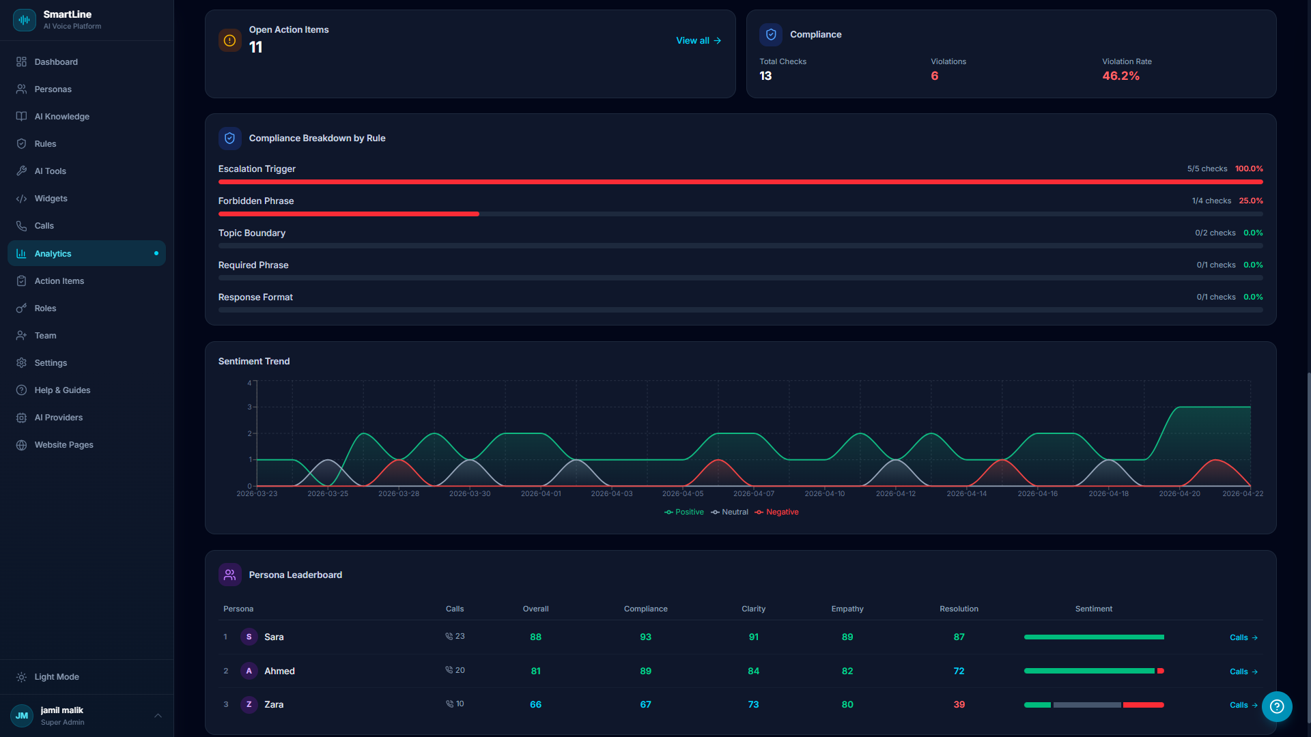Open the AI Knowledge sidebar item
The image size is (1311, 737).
tap(61, 117)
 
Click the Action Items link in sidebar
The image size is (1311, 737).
tap(59, 281)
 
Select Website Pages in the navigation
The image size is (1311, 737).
tap(64, 445)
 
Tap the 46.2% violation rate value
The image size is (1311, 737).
tap(1120, 76)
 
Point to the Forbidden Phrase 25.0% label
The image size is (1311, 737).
tap(1250, 201)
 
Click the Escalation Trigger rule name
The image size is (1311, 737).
tap(257, 169)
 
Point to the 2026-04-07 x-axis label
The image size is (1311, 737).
tap(753, 493)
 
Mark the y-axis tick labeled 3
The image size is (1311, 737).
tap(249, 407)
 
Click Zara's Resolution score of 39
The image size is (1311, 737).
tap(959, 705)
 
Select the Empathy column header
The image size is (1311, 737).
tap(847, 609)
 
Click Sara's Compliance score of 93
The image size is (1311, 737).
tap(645, 637)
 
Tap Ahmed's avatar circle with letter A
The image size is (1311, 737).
tap(249, 671)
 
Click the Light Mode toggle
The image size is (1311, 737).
tap(56, 677)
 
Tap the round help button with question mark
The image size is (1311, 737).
tap(1276, 706)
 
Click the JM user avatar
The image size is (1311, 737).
tap(22, 716)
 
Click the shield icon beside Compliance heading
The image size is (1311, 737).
tap(771, 34)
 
